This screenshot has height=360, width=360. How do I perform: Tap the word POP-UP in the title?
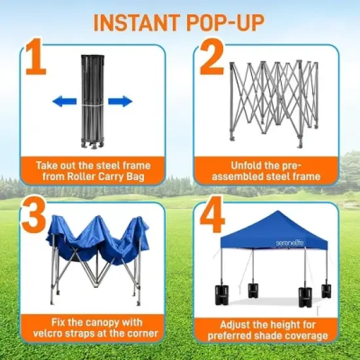(226, 22)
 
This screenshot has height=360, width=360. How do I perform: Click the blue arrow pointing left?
(64, 101)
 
